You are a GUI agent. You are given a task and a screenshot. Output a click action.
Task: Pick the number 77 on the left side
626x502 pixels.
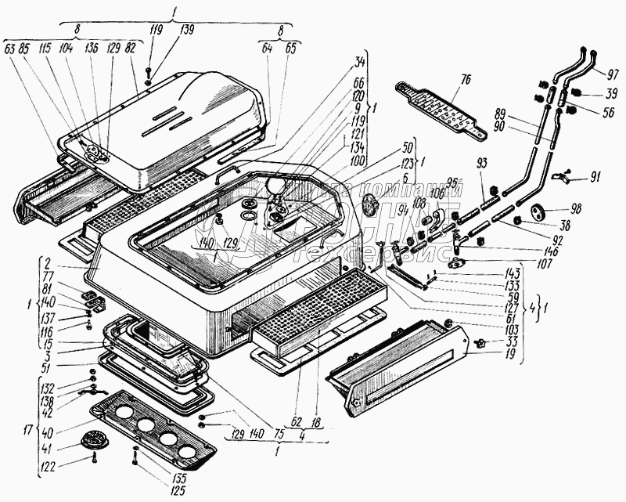(x=49, y=276)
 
